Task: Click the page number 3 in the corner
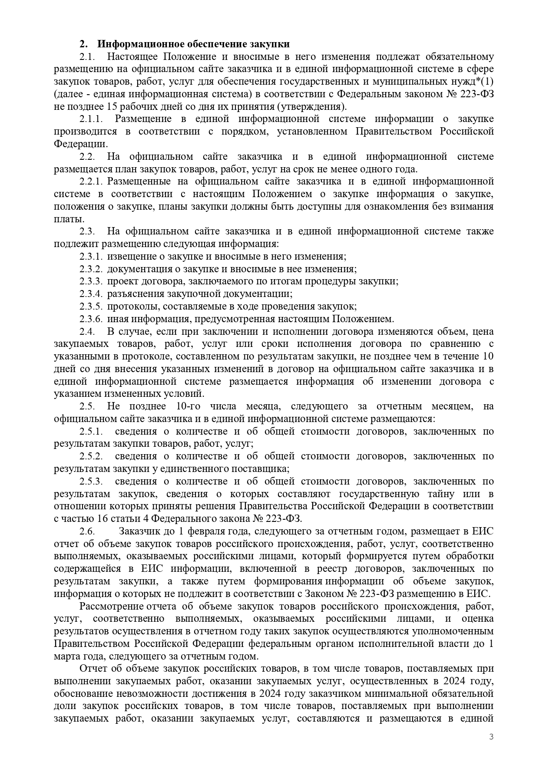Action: (491, 737)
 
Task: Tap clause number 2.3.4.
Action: (91, 294)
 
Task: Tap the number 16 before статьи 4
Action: (88, 519)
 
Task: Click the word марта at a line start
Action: (66, 656)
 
